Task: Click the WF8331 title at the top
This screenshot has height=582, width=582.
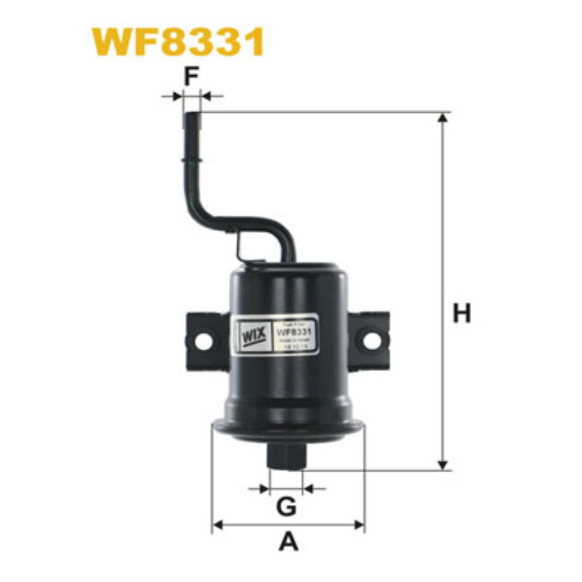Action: pos(177,41)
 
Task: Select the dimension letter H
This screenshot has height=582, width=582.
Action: pos(461,313)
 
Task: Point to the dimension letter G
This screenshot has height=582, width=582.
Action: pos(287,507)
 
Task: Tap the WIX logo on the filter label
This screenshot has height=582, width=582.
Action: pos(248,339)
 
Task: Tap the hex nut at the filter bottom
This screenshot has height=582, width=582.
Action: pos(287,455)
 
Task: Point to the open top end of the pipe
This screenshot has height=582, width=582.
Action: pos(192,108)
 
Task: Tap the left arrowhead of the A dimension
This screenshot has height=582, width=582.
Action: pos(218,524)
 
